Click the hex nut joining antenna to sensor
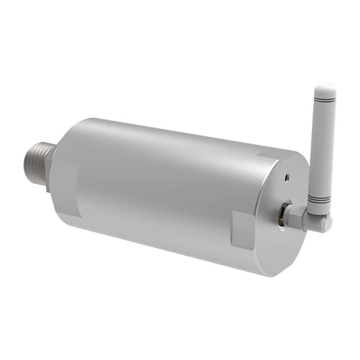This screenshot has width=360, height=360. pyautogui.click(x=295, y=217)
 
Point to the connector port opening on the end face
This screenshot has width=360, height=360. pyautogui.click(x=283, y=215)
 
